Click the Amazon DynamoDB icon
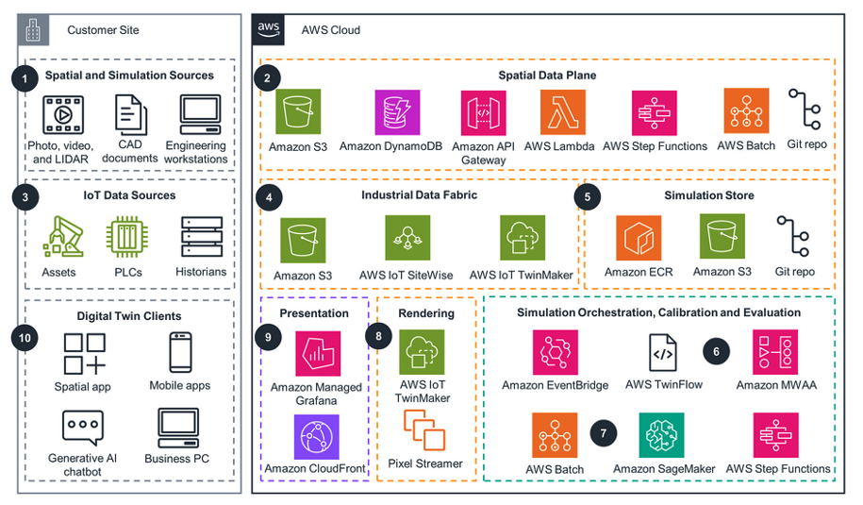tap(397, 113)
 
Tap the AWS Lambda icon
tap(562, 113)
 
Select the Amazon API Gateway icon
tap(484, 113)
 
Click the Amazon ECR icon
tap(639, 238)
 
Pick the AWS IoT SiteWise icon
tap(407, 238)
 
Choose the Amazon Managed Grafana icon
tap(318, 354)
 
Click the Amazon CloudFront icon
tap(318, 436)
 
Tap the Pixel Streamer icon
tap(425, 431)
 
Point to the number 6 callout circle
tap(717, 350)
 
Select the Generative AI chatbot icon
tap(83, 429)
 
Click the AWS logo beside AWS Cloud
tap(269, 29)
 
